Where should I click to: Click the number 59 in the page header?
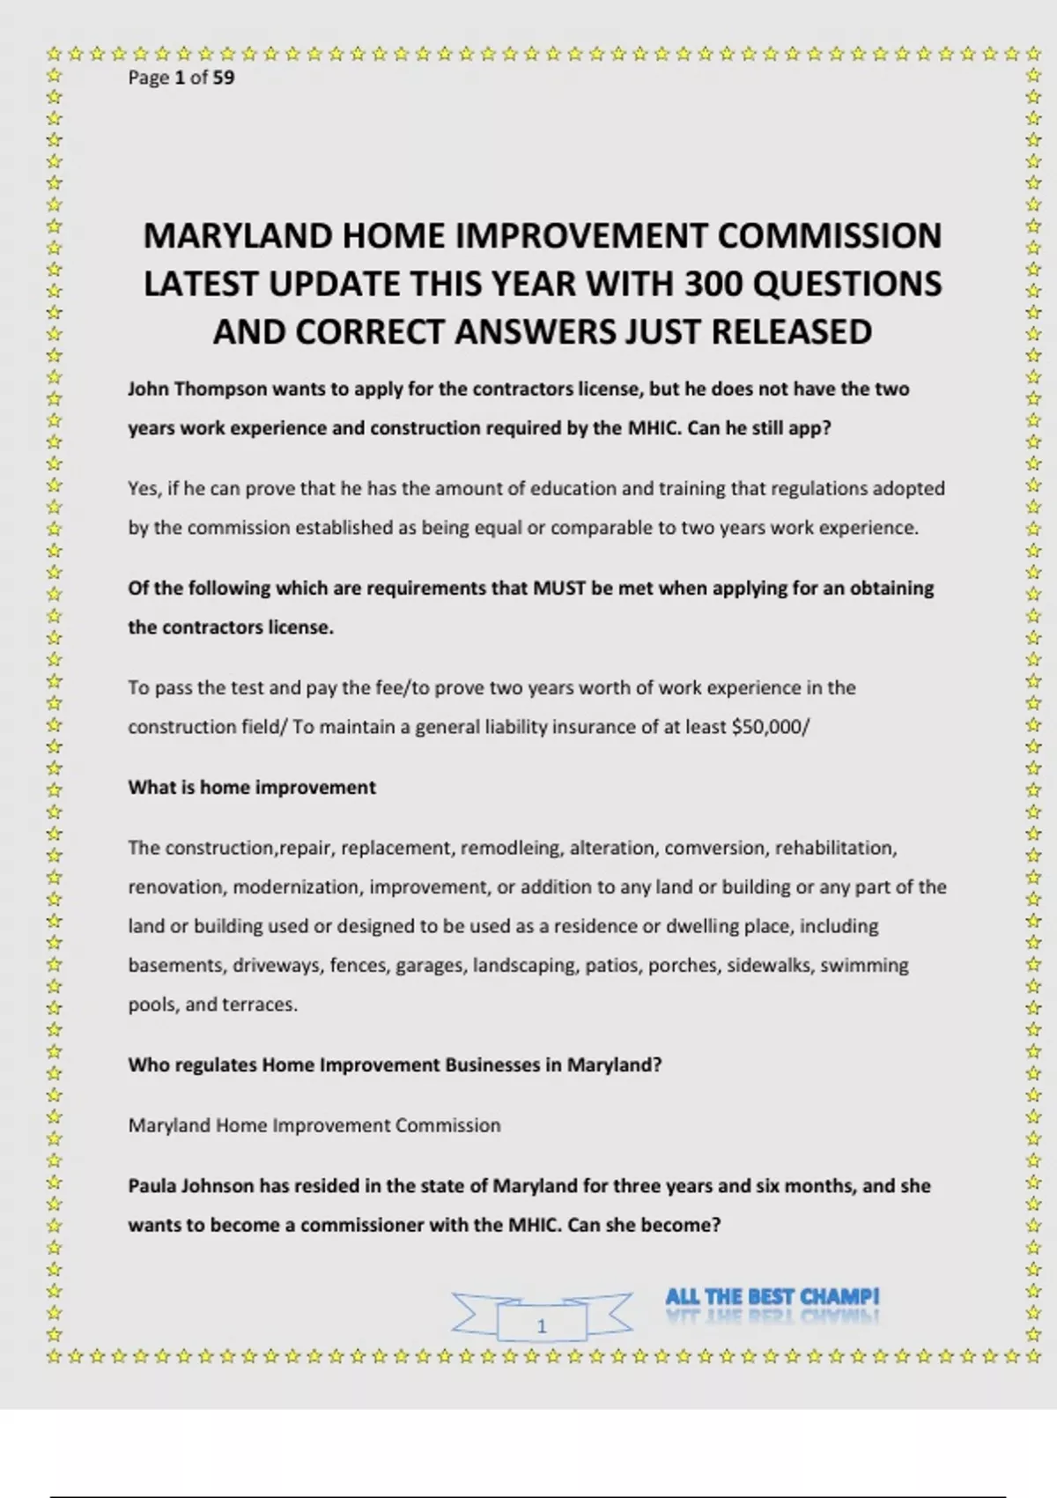tap(224, 78)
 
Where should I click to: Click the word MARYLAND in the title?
tap(237, 236)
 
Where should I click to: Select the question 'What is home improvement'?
tap(252, 787)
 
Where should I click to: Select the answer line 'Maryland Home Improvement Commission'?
tap(314, 1125)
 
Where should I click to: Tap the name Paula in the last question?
tap(152, 1186)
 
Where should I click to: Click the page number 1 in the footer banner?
tap(542, 1326)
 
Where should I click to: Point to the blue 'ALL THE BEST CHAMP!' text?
tap(772, 1296)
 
